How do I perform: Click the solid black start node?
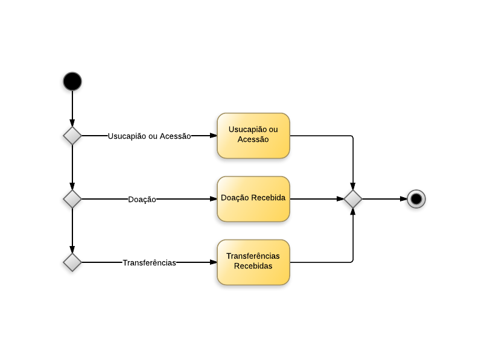(x=72, y=81)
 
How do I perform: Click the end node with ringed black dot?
(x=416, y=199)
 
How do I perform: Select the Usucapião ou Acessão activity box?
(x=253, y=136)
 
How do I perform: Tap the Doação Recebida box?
(x=253, y=199)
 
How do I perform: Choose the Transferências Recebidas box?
(x=253, y=262)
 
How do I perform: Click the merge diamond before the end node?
(x=353, y=199)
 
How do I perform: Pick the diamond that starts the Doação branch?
(x=72, y=199)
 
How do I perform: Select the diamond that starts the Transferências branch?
(x=72, y=262)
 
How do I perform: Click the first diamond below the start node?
(x=72, y=136)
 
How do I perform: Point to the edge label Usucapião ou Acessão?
(x=149, y=136)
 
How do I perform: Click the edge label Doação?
(x=142, y=200)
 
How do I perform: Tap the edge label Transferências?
(x=149, y=263)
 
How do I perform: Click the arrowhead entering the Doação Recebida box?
(x=213, y=199)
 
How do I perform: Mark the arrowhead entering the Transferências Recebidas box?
(x=213, y=262)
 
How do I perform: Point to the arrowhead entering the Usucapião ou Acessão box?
(x=213, y=136)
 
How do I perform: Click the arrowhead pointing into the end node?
(x=403, y=199)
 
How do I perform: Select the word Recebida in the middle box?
(x=269, y=198)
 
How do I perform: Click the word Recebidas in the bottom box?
(x=253, y=266)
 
